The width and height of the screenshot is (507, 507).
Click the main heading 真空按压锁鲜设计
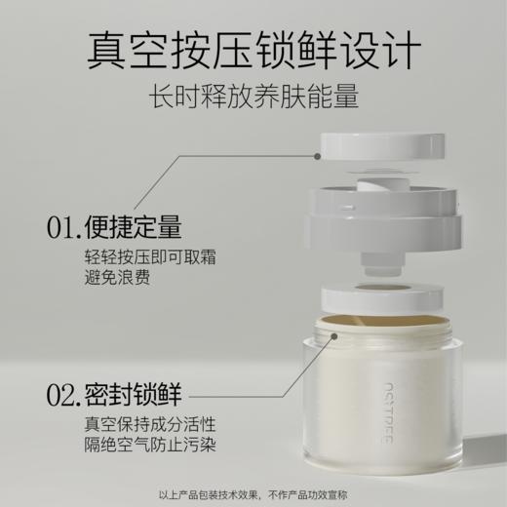pos(253,49)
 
